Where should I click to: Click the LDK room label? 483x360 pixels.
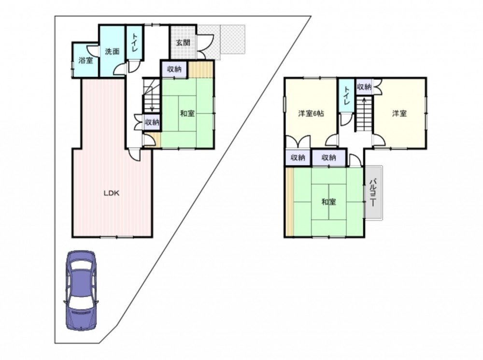point(111,194)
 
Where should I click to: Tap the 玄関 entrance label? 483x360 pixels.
point(183,43)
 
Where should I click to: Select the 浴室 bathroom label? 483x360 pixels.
point(85,60)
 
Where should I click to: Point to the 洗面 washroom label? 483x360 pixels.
point(112,51)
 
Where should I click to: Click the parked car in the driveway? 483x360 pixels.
point(81,290)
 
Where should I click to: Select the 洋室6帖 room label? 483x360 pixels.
point(311,114)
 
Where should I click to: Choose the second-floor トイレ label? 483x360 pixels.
point(346,95)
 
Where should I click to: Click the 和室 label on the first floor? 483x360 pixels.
point(187,114)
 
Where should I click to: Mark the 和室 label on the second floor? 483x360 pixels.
point(328,202)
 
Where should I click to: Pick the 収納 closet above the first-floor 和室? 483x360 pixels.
point(174,70)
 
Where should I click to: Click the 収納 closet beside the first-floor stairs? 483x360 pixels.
point(152,122)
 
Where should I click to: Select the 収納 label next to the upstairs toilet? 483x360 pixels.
point(364,87)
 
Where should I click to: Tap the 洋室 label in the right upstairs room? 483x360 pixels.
point(399,114)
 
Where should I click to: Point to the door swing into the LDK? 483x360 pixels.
point(135,155)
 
